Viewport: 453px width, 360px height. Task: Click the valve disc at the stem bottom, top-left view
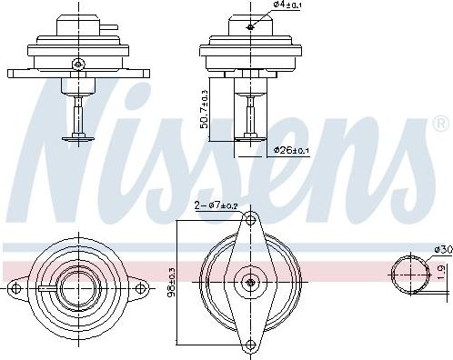(79, 138)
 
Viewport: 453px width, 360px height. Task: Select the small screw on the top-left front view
(79, 63)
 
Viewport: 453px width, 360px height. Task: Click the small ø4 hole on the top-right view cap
(249, 27)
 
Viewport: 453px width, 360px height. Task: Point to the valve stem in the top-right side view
(249, 114)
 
